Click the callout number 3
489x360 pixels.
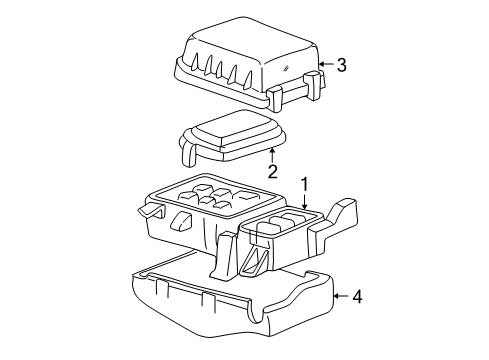(x=341, y=66)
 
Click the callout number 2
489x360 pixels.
(x=271, y=171)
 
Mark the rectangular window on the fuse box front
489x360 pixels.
(x=182, y=219)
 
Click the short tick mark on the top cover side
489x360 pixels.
(x=287, y=66)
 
